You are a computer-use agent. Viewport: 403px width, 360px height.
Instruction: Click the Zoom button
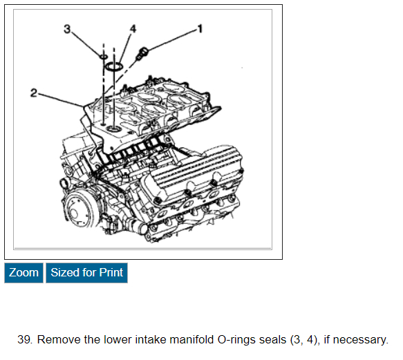click(x=24, y=273)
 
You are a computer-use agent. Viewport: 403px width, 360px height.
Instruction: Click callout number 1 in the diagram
click(x=200, y=28)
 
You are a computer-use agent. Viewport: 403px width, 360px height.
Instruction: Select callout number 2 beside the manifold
click(x=34, y=93)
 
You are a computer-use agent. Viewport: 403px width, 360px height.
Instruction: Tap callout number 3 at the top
click(x=67, y=29)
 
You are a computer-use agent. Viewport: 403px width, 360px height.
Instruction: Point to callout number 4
click(x=133, y=28)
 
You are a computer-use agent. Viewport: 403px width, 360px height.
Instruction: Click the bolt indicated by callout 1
click(x=142, y=53)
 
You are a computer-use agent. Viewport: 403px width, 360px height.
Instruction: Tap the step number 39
click(x=25, y=339)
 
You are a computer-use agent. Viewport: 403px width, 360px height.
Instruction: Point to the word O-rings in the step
click(x=236, y=339)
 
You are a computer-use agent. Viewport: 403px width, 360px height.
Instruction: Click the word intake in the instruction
click(x=151, y=339)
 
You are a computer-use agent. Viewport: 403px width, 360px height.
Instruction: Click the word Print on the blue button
click(x=111, y=273)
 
